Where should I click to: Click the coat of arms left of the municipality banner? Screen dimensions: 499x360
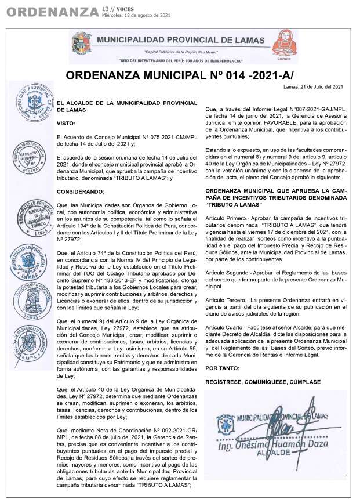(x=81, y=44)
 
